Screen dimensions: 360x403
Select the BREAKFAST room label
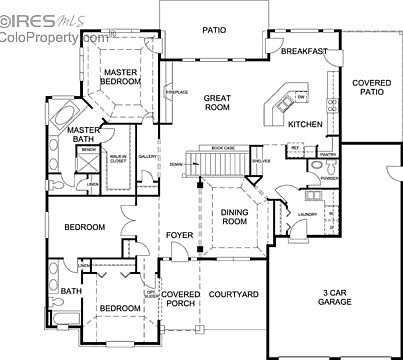(304, 51)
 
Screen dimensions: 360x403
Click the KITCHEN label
(305, 125)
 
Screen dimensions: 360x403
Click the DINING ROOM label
(234, 216)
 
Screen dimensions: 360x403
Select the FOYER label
(179, 235)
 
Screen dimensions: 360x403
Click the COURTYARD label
(233, 294)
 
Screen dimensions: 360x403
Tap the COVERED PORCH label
(181, 299)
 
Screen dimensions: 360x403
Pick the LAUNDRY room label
(307, 213)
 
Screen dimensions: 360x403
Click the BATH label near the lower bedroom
(71, 292)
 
